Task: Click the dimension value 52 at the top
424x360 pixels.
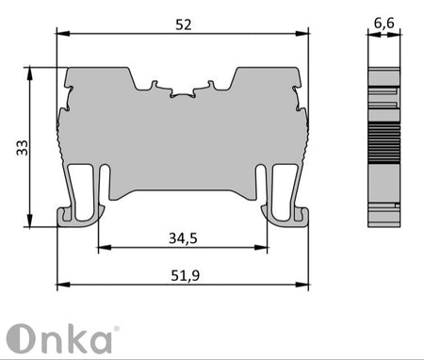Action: (x=184, y=25)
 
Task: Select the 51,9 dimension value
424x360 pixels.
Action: (x=185, y=275)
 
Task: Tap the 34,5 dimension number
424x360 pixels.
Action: (x=183, y=238)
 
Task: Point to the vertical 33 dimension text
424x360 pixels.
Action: (x=23, y=148)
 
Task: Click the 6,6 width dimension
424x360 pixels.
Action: (x=384, y=24)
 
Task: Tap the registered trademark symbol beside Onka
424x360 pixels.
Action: (x=116, y=329)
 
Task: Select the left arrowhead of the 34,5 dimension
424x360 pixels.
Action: (x=105, y=248)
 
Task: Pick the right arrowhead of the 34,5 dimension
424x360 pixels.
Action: (x=261, y=248)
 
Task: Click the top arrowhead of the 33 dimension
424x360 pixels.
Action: (x=29, y=73)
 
